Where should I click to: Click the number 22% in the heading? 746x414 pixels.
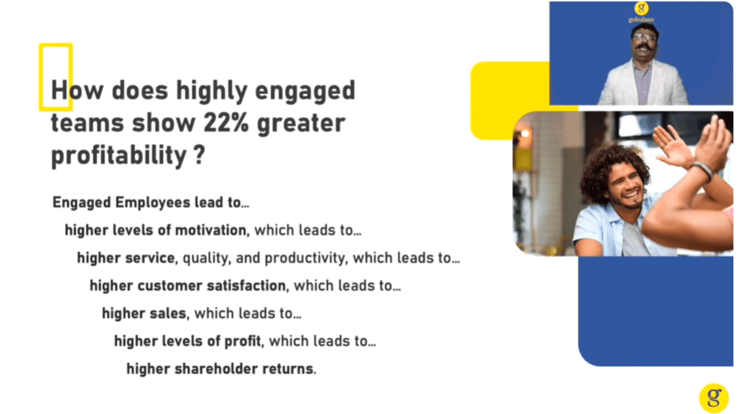(x=226, y=123)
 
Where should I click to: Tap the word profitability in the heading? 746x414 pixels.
(x=119, y=155)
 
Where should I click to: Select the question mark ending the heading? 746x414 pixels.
(x=200, y=155)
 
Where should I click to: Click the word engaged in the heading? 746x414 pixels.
(x=305, y=91)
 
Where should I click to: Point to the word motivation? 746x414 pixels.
(x=211, y=230)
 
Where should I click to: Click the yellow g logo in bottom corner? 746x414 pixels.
(x=714, y=397)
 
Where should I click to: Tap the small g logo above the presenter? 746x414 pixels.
(x=642, y=8)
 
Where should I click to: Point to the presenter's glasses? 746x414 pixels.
(x=645, y=37)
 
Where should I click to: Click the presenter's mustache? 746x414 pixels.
(x=644, y=47)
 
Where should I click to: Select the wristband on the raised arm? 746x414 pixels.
(x=703, y=170)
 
